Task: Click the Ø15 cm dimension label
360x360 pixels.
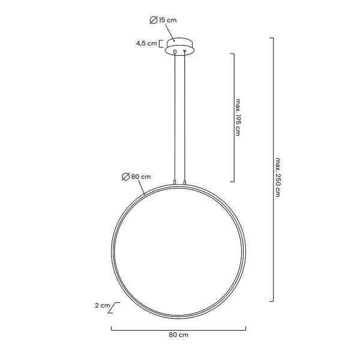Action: click(163, 20)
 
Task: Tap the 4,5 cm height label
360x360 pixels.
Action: click(147, 43)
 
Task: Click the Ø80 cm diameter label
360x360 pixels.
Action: click(136, 176)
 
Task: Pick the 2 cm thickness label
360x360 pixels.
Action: click(102, 305)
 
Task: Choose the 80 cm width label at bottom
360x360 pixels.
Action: click(179, 337)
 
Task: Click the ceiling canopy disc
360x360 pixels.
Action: click(179, 46)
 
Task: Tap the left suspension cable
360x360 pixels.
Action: click(175, 114)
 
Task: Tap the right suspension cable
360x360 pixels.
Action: click(184, 114)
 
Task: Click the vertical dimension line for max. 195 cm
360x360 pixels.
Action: click(233, 117)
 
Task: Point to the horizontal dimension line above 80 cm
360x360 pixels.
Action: click(179, 328)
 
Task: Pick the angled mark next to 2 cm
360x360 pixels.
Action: click(116, 308)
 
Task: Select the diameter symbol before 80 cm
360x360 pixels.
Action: click(125, 176)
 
